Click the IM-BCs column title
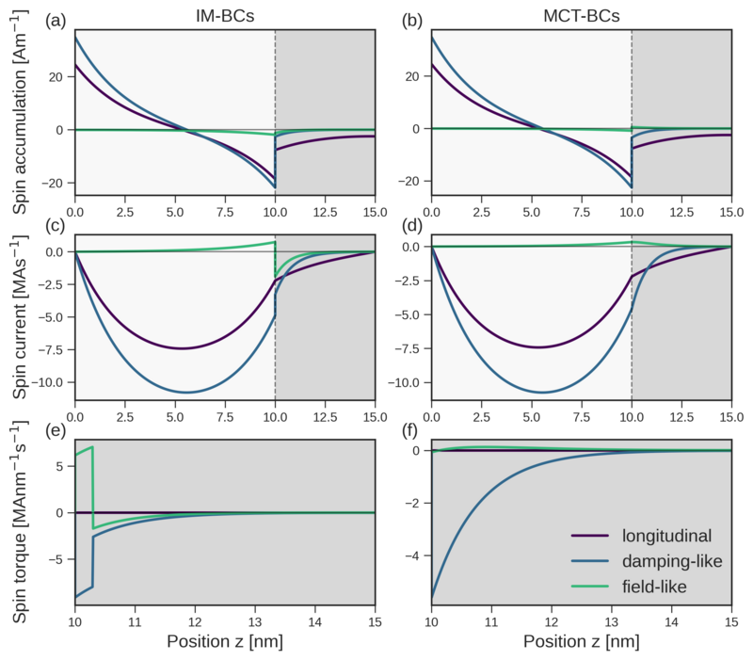point(224,17)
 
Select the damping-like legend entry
point(674,561)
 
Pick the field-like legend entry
point(658,587)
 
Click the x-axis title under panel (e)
point(224,641)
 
